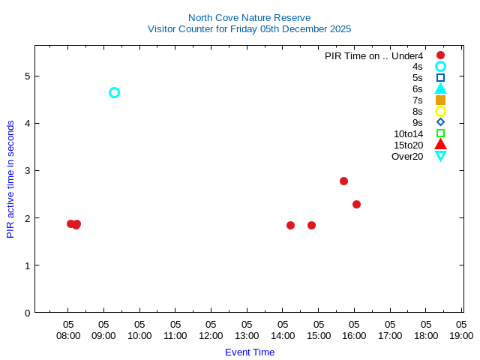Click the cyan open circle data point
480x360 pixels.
pos(114,93)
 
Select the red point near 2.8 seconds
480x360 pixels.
pos(343,181)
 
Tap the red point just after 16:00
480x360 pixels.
pos(356,204)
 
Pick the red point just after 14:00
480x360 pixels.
pos(290,225)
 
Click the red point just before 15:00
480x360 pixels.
pos(311,225)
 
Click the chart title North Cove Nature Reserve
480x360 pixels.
pos(249,17)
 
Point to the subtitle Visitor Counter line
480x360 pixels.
pos(249,29)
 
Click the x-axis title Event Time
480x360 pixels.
pos(250,352)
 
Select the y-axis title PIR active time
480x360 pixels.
pos(10,179)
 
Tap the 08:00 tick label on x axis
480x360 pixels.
pos(68,336)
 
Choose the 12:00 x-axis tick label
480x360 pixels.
pos(211,336)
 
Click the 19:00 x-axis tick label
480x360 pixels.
pos(460,336)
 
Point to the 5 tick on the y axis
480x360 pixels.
pos(26,76)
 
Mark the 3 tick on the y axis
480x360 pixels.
pos(26,171)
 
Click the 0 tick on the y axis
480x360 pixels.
pos(26,313)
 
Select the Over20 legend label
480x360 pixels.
pos(407,156)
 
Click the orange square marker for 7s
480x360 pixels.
pos(440,100)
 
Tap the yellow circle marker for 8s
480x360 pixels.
pos(440,111)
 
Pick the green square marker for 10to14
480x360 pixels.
pos(440,133)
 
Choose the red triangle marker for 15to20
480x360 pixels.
pos(440,145)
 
